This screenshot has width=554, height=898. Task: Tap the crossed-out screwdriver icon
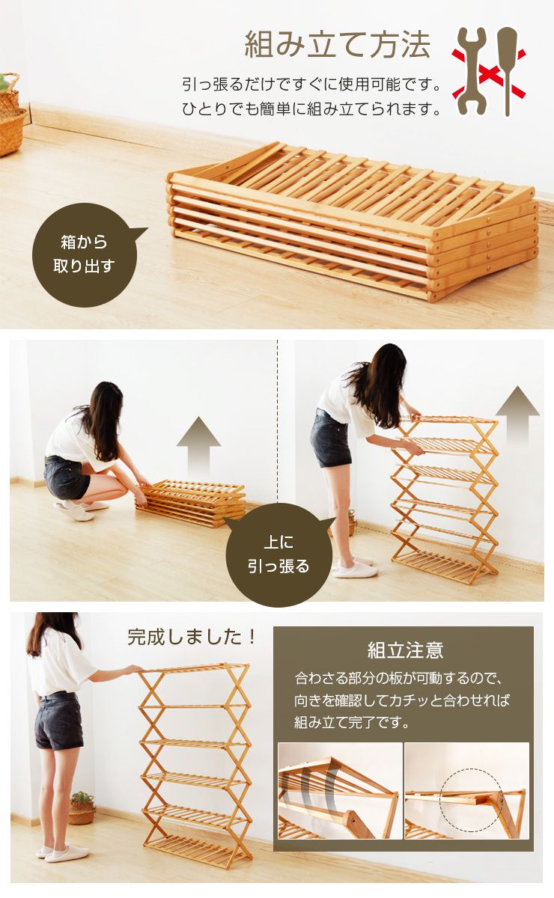tap(508, 70)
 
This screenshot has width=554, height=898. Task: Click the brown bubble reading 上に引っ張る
tap(278, 555)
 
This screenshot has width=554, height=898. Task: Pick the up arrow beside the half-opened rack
tap(517, 414)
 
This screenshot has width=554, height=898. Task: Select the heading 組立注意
tap(405, 649)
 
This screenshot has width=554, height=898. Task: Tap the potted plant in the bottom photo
tap(82, 807)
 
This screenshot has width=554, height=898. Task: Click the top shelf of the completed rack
tap(193, 668)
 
